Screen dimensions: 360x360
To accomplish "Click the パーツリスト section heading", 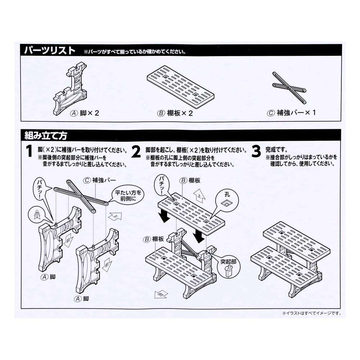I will pos(50,50).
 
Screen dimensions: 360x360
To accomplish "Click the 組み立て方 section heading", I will pos(46,136).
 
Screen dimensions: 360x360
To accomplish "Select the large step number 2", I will pos(136,153).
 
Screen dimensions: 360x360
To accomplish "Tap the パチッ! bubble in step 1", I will pos(42,188).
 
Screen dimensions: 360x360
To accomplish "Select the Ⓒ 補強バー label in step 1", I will pos(97,180).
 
